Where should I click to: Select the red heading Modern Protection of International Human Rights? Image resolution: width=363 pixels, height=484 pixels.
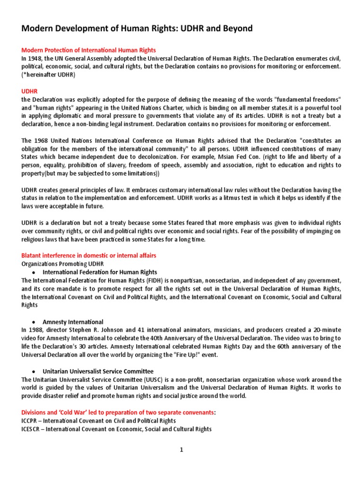(89, 50)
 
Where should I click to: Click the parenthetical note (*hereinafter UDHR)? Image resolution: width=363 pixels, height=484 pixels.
(48, 75)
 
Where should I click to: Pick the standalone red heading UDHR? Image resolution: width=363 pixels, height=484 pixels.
(29, 90)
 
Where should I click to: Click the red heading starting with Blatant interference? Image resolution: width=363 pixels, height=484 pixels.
(89, 256)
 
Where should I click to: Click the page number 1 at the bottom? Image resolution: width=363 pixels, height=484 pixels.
(181, 450)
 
